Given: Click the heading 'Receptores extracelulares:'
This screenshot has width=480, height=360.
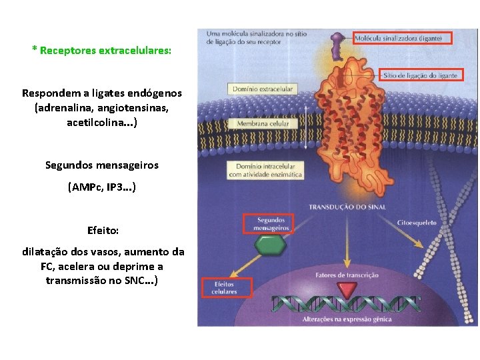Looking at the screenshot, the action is coord(105,51).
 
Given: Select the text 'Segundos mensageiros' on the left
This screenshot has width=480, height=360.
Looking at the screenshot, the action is coord(102,165).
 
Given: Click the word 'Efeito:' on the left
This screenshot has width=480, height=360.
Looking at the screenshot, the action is coord(103,231).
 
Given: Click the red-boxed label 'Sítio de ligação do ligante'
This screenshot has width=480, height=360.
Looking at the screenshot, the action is coord(420,75).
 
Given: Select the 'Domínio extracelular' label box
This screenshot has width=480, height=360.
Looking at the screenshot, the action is coord(262,89).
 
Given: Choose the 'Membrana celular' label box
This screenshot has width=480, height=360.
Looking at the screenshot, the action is coord(262,124).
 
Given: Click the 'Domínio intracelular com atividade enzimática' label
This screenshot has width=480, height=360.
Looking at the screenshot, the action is coord(265,170).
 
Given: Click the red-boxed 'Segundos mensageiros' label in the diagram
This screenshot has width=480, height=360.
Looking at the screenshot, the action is coord(267,224).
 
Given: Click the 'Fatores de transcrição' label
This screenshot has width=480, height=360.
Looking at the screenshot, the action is coord(347,275).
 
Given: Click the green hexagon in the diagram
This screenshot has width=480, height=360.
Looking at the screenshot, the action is coord(269,246).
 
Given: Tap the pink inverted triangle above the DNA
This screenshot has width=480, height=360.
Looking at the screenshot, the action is coord(346,289).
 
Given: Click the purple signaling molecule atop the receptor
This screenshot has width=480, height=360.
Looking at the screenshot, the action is coord(339,43).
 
